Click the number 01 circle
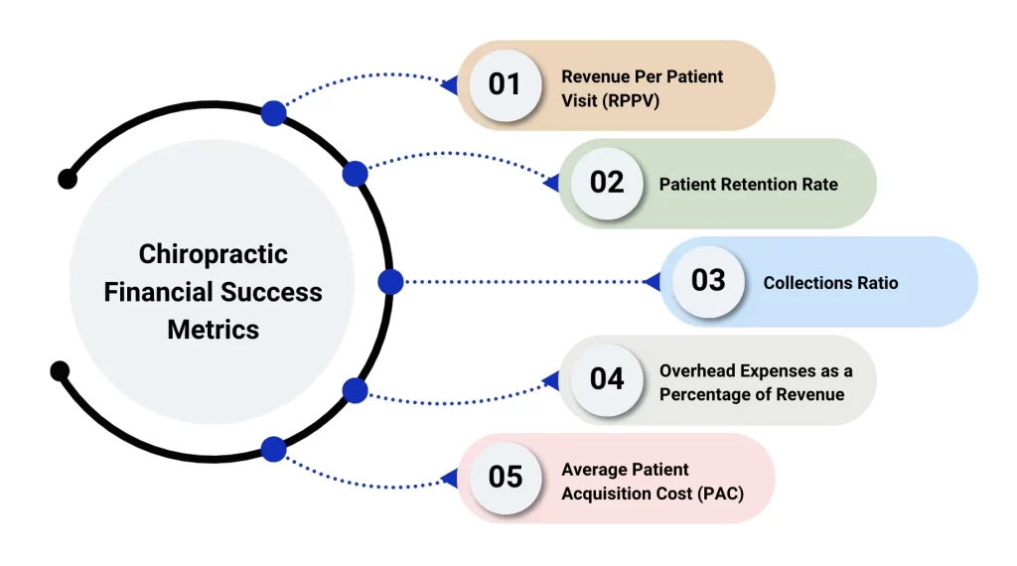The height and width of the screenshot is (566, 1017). [505, 85]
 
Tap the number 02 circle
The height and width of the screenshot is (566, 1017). [606, 184]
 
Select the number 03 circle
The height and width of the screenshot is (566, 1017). [708, 281]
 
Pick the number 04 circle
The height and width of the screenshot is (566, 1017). [606, 379]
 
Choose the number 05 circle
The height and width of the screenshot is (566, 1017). [505, 477]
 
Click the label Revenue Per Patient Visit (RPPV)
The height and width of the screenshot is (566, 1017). [642, 88]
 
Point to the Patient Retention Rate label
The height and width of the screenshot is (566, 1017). [748, 185]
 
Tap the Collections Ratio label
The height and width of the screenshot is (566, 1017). [830, 283]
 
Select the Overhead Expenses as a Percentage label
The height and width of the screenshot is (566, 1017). [755, 382]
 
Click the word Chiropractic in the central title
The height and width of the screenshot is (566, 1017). [213, 254]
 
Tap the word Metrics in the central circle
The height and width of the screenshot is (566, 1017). [213, 330]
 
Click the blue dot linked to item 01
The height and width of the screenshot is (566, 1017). [273, 113]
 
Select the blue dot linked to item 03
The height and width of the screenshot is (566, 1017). [390, 282]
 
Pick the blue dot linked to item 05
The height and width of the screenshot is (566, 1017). [273, 450]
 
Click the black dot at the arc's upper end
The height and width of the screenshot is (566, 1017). [68, 179]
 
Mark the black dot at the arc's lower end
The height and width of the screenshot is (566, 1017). [60, 371]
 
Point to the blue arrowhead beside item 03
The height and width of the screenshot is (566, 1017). [652, 282]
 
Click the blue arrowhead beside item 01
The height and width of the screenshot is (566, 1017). [449, 85]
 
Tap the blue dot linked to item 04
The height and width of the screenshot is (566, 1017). [355, 390]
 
